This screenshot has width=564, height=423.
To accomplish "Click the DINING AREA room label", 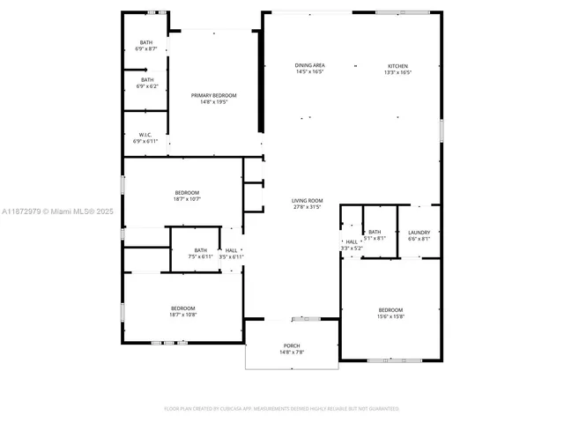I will [309, 65].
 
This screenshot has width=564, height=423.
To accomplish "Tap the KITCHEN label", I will [398, 65].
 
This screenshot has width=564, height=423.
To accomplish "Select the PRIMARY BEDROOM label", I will [214, 95].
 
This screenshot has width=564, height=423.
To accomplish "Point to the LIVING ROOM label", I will [308, 200].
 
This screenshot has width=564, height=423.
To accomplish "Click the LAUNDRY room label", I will [419, 232].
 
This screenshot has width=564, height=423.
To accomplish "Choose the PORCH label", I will [292, 345].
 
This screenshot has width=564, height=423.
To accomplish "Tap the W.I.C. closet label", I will [146, 135].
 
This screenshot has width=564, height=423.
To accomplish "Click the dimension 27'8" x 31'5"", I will [308, 207].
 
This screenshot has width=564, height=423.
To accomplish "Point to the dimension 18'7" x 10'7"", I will [187, 199].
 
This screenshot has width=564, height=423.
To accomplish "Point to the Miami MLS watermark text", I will [58, 211].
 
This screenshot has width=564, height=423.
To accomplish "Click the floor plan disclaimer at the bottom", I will [282, 409].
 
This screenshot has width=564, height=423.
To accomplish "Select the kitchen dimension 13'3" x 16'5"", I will [398, 72].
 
